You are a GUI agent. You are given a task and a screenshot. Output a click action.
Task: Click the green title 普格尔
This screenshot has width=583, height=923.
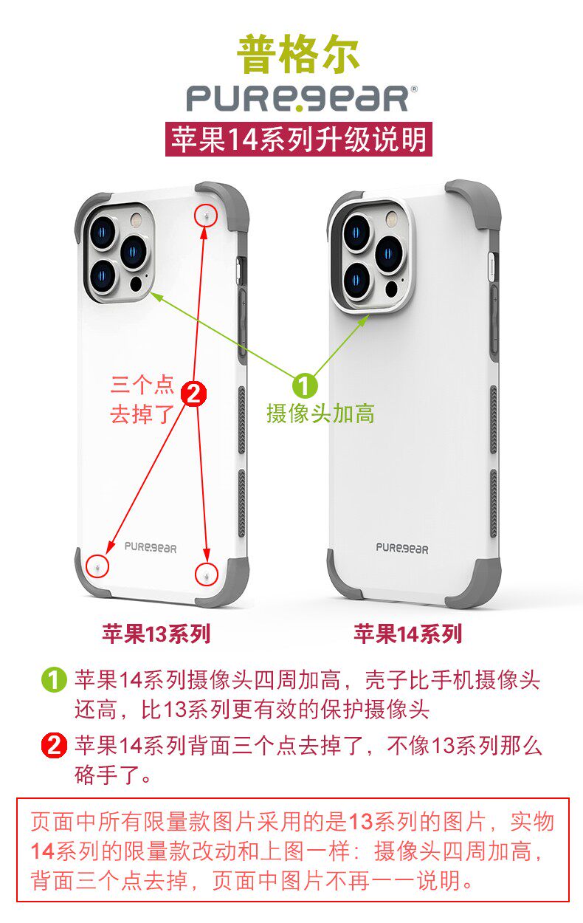pyautogui.click(x=298, y=55)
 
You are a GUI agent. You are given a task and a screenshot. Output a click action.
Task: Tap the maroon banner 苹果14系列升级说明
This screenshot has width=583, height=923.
pyautogui.click(x=298, y=139)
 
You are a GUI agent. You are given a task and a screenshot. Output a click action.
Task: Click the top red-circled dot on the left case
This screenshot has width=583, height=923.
pyautogui.click(x=206, y=216)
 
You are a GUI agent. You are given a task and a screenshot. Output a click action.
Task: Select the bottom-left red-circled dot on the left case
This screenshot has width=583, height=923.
pyautogui.click(x=96, y=566)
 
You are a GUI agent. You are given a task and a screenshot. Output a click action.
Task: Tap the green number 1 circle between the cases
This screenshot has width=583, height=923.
pyautogui.click(x=306, y=385)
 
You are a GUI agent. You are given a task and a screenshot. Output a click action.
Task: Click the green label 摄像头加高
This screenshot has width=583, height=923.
pyautogui.click(x=320, y=414)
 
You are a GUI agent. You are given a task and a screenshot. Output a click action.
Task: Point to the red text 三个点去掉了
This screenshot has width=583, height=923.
pyautogui.click(x=142, y=399)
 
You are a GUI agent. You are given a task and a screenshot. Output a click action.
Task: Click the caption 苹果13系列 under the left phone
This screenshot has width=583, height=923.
pyautogui.click(x=156, y=634)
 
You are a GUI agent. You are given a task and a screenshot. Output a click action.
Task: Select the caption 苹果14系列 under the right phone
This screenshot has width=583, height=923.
pyautogui.click(x=407, y=634)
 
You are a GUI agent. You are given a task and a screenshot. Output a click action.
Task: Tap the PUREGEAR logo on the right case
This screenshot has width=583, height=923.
pyautogui.click(x=402, y=548)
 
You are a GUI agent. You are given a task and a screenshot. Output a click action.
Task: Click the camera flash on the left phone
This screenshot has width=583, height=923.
pyautogui.click(x=136, y=220)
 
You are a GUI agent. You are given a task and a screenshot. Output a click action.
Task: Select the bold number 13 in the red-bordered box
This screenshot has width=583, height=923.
pyautogui.click(x=360, y=822)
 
